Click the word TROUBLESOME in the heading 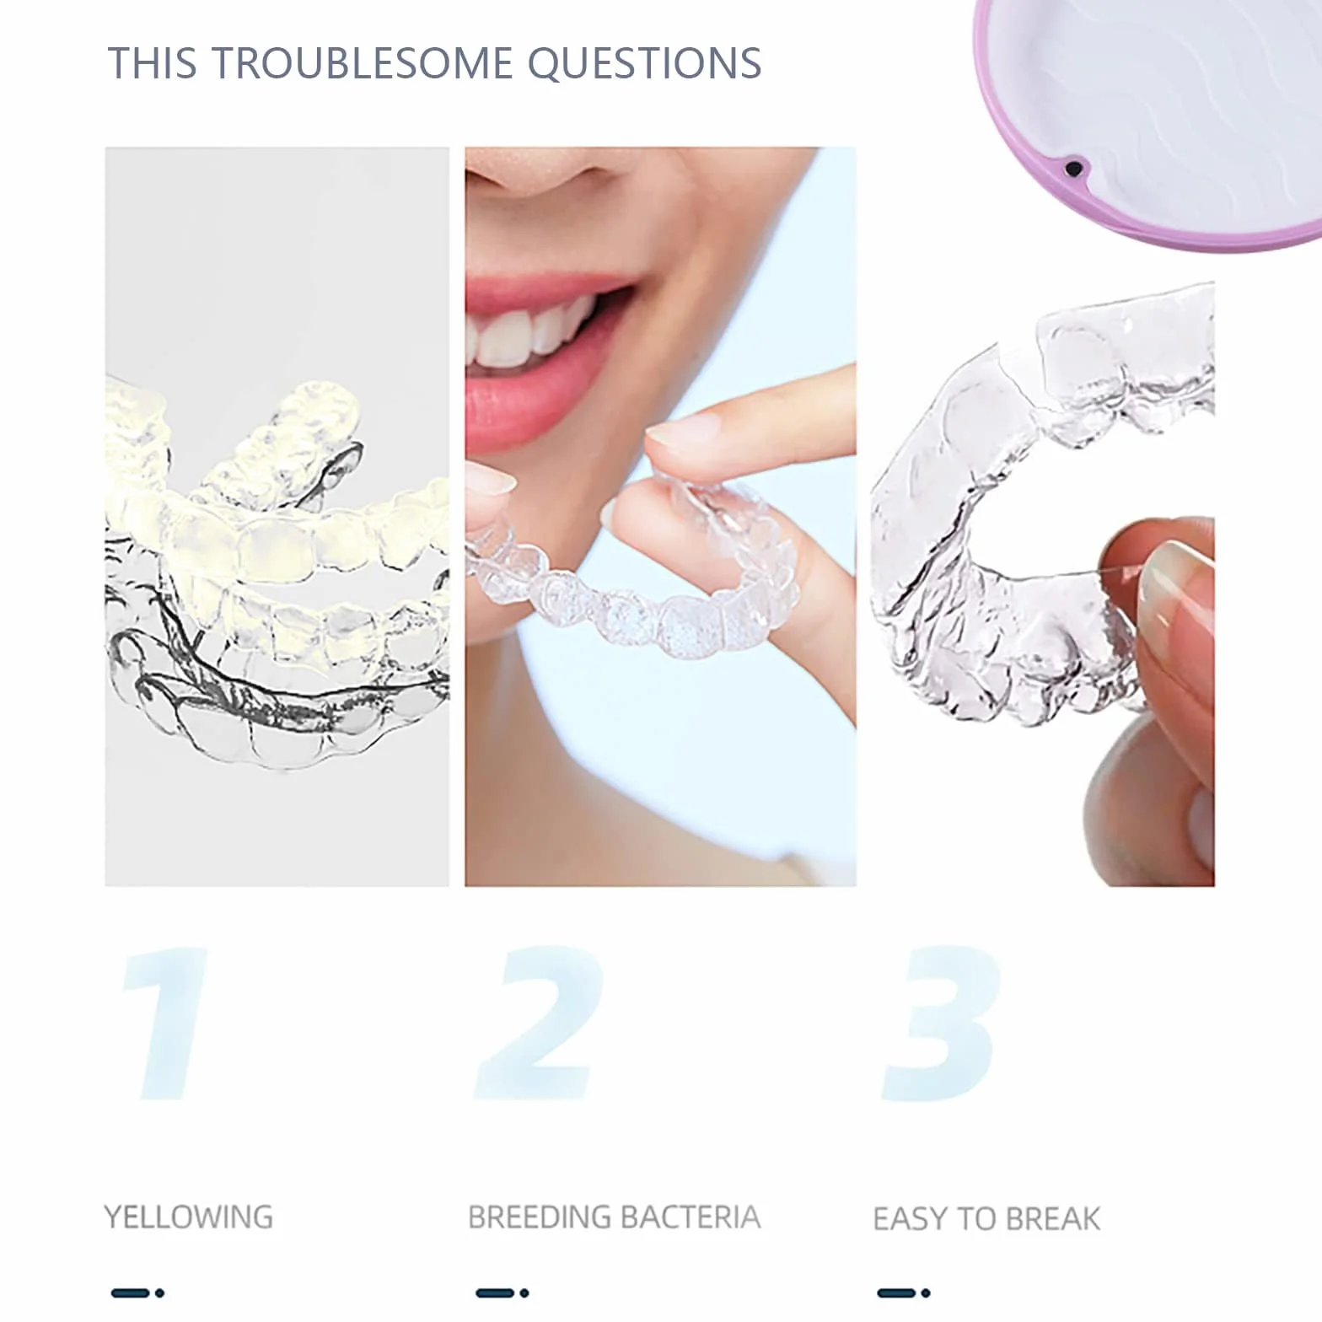362,62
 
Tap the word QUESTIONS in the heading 645,63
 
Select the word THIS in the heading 153,62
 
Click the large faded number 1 165,1023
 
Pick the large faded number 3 941,1023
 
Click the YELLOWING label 189,1217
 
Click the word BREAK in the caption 1053,1218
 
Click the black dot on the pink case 1073,169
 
